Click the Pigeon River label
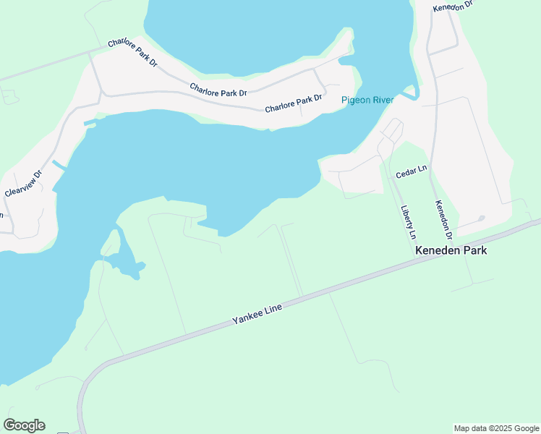[367, 100]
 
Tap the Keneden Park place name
[451, 250]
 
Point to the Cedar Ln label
[412, 172]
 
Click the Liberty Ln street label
[409, 223]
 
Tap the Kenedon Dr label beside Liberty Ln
[443, 220]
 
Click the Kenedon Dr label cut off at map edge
[453, 6]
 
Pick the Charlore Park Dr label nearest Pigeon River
[293, 103]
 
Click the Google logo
[24, 425]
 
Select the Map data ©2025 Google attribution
[496, 428]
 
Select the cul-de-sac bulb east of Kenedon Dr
[482, 218]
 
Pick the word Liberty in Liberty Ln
[406, 217]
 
